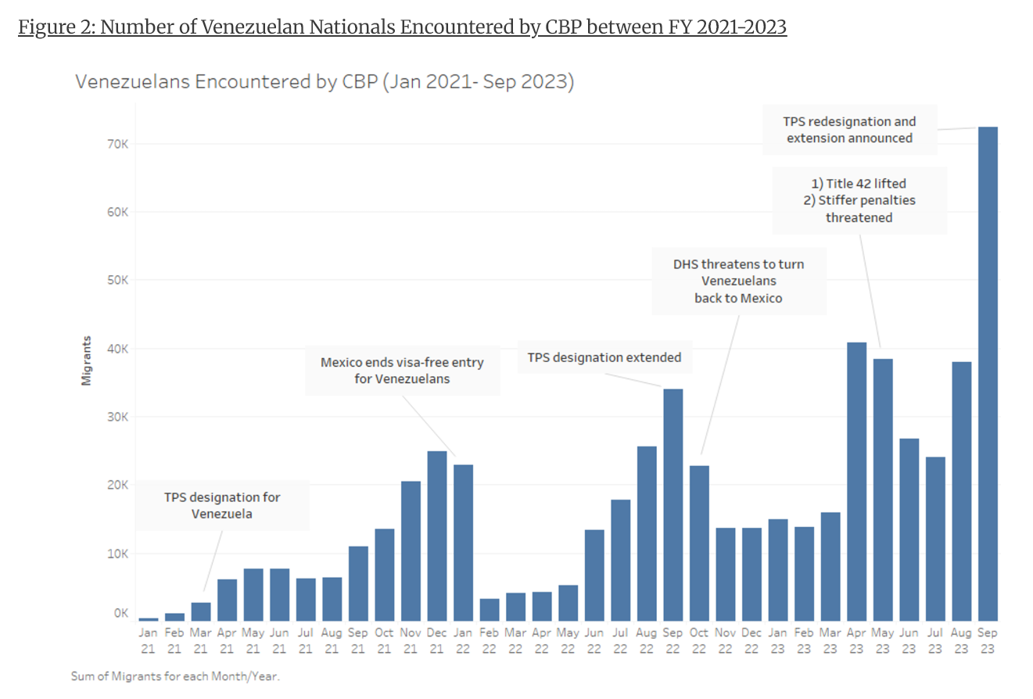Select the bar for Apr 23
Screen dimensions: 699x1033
click(x=856, y=482)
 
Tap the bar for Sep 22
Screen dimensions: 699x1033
click(x=673, y=504)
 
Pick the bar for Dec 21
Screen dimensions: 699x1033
click(x=436, y=536)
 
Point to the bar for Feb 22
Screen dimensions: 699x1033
click(x=489, y=610)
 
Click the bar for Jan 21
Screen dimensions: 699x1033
click(x=148, y=619)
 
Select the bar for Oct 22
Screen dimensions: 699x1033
click(x=699, y=543)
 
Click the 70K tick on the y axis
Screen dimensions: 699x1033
click(x=119, y=144)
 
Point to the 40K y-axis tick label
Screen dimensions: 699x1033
click(x=119, y=349)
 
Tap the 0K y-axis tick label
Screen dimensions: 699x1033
click(x=121, y=614)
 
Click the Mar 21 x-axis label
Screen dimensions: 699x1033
click(x=200, y=640)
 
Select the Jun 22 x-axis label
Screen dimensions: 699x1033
click(x=594, y=640)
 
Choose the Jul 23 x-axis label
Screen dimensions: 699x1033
click(x=935, y=640)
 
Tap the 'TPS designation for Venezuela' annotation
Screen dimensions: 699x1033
click(x=222, y=506)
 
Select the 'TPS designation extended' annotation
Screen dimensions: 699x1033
click(x=604, y=357)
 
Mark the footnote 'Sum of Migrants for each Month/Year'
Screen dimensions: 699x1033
click(x=174, y=676)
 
